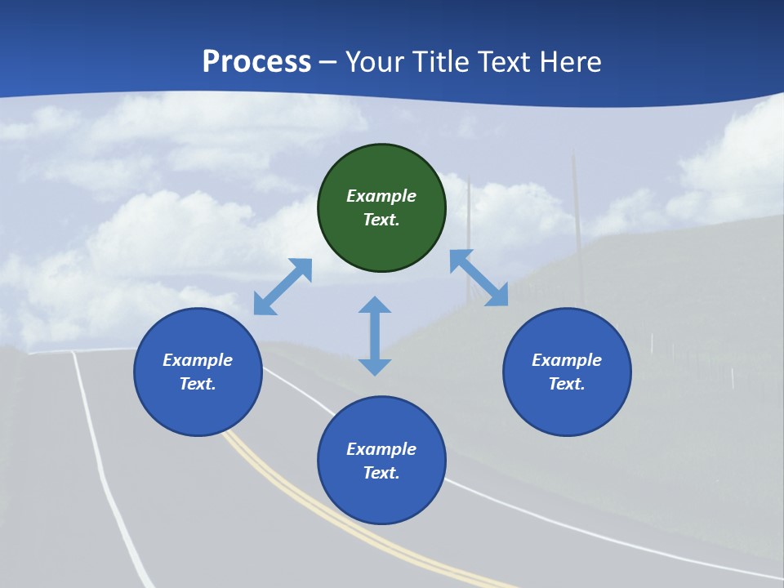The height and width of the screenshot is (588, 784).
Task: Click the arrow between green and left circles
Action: coord(283,286)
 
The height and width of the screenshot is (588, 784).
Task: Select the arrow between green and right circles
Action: coord(479,278)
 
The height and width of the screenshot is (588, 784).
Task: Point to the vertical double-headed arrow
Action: coord(375,336)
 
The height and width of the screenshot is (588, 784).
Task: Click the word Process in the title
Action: coord(256,62)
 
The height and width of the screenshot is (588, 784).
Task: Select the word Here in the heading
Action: coord(571,62)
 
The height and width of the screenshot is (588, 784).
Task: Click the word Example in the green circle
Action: coord(381,196)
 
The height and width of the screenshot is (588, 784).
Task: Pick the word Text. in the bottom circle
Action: coord(381,473)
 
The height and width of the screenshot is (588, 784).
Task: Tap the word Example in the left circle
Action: coord(198,360)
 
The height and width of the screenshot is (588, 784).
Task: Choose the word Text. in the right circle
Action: coord(567,384)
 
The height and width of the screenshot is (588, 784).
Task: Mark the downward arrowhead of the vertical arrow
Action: coord(375,366)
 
